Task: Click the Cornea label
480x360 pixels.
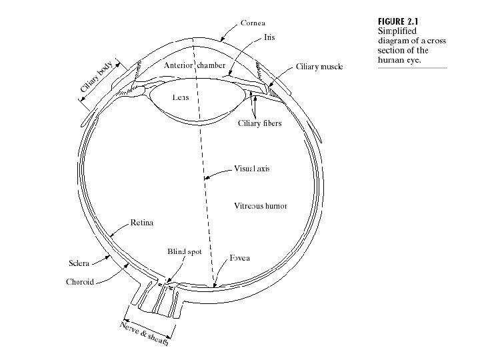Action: [253, 23]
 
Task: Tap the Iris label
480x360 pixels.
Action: [269, 37]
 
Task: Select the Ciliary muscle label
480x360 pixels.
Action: [319, 67]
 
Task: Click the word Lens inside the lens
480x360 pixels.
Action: [181, 97]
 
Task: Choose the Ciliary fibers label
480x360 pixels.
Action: [260, 123]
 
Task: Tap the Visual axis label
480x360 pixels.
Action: [252, 168]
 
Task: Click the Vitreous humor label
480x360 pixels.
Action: [260, 206]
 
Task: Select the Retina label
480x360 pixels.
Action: [141, 223]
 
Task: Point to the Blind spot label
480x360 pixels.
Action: [184, 251]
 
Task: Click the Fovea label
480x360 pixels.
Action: [239, 258]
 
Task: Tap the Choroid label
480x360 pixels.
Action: [80, 282]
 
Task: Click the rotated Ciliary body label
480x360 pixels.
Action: [97, 80]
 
